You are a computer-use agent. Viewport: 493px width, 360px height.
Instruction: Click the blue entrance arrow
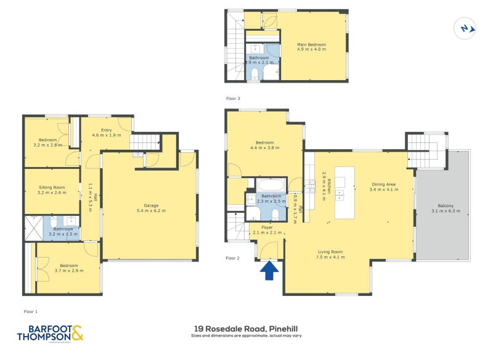[x=269, y=271]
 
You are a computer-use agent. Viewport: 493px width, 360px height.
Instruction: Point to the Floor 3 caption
[x=232, y=99]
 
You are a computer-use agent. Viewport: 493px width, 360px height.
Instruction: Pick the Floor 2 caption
[x=232, y=258]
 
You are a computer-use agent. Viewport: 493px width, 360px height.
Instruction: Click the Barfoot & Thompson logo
[x=49, y=333]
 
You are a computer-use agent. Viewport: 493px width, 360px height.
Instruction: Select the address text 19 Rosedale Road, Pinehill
[x=246, y=330]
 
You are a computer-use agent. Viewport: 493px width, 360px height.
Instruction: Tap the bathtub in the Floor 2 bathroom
[x=270, y=185]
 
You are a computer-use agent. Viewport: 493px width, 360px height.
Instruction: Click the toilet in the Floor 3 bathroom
[x=255, y=75]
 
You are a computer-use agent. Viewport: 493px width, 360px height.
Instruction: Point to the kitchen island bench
[x=344, y=192]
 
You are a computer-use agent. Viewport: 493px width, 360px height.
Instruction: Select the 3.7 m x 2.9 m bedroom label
[x=69, y=269]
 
